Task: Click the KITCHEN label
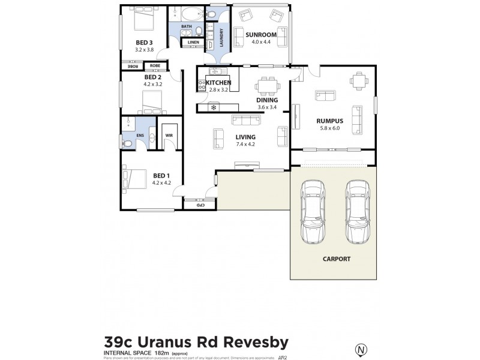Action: [218, 82]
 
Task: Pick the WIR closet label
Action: [169, 136]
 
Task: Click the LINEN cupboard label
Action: [193, 43]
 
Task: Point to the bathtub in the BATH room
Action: [192, 14]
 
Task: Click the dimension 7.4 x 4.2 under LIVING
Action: [245, 145]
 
